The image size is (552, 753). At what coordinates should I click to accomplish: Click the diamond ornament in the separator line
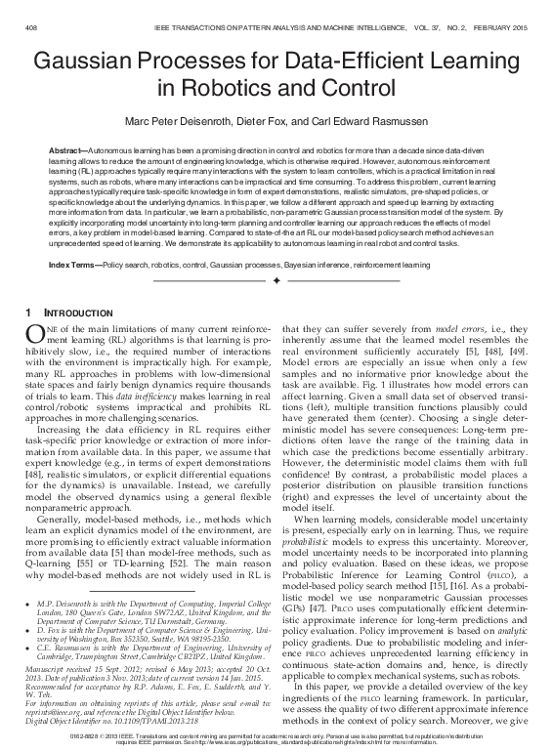click(x=276, y=281)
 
